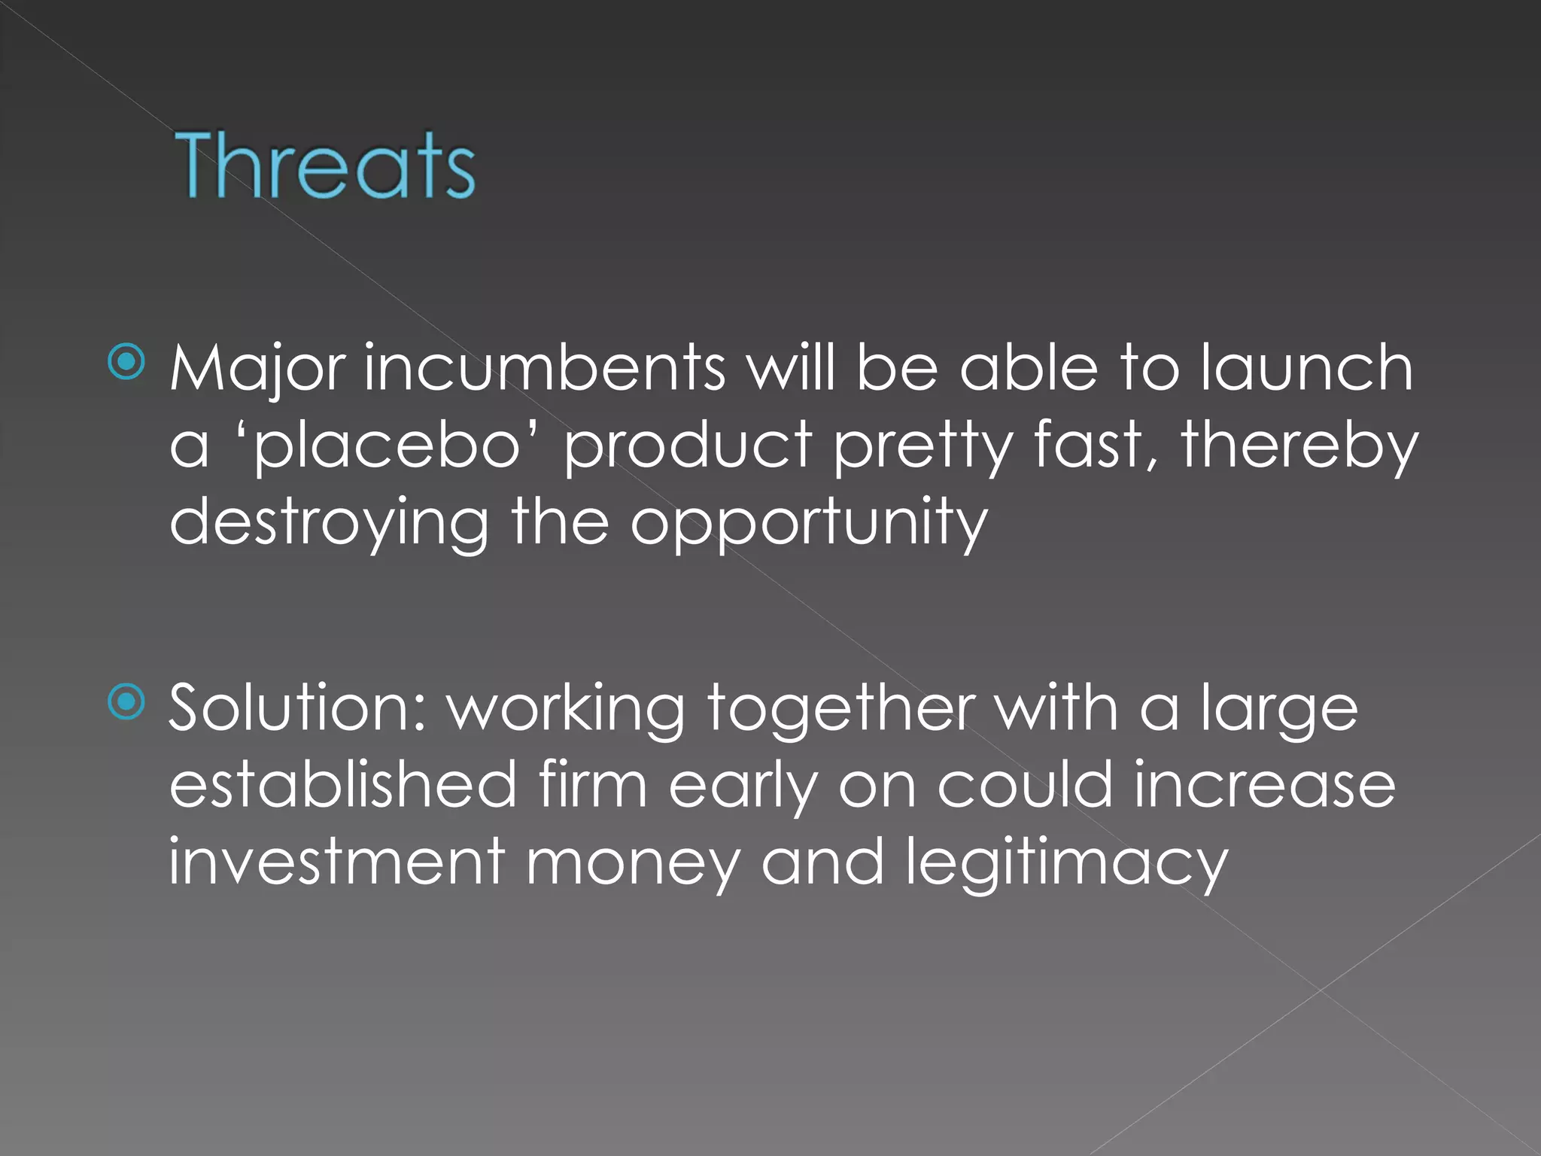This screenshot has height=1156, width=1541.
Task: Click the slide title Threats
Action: (x=324, y=166)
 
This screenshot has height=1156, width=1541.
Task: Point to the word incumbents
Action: (x=545, y=368)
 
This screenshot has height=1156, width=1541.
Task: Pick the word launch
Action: (x=1306, y=368)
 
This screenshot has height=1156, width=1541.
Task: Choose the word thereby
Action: (x=1299, y=446)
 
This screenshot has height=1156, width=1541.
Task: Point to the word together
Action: (x=841, y=710)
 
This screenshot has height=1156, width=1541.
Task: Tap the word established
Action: (x=342, y=784)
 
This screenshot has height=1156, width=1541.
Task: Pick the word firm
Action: (x=592, y=784)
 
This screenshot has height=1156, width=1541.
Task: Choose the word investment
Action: (x=336, y=862)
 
